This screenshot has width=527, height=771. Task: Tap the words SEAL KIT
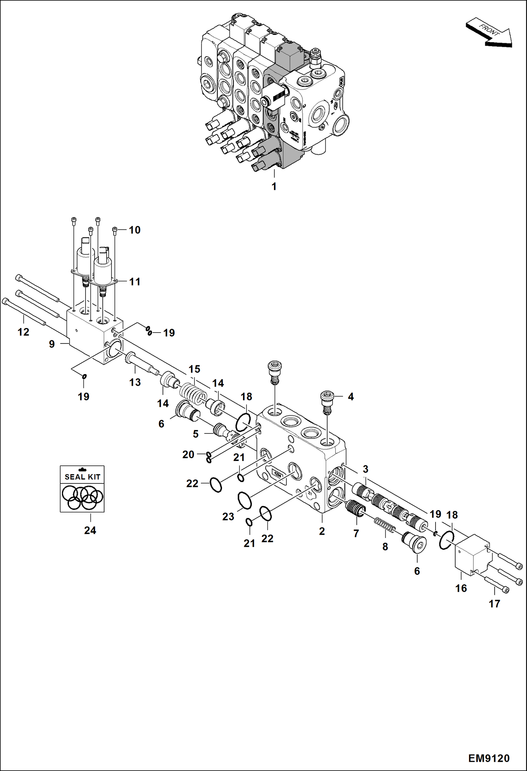pos(82,477)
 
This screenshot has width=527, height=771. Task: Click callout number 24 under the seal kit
pos(90,530)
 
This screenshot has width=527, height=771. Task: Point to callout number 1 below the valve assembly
pos(274,186)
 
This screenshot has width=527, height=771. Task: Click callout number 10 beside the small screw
pos(134,230)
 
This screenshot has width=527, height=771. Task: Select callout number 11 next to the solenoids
pos(134,282)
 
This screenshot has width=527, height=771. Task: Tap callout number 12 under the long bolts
pos(23,332)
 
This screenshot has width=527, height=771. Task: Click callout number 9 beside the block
pos(52,344)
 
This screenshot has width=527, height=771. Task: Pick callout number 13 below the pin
pos(135,382)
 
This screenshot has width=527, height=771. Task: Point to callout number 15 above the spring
pos(194,369)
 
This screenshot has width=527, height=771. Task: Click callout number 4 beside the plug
pos(350,397)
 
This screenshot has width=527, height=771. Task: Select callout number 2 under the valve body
pos(322,531)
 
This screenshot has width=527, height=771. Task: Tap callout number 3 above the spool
pos(365,469)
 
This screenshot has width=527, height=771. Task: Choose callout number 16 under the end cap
pos(461,588)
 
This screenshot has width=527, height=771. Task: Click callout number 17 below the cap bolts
pos(494,604)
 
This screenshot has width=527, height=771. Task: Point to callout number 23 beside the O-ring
pos(228,516)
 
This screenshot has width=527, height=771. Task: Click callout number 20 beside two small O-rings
pos(188,455)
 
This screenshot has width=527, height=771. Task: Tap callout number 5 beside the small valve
pos(196,434)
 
